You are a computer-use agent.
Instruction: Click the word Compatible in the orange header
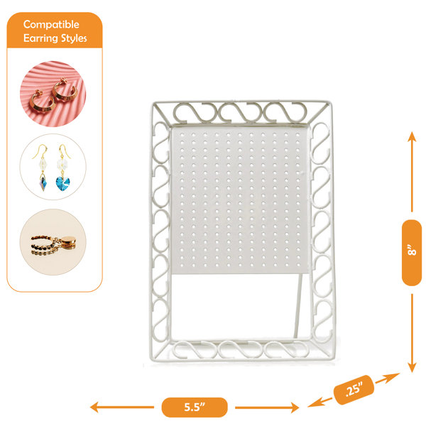click(51, 25)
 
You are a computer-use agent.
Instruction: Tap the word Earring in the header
click(40, 38)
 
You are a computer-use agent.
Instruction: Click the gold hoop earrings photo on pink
click(53, 94)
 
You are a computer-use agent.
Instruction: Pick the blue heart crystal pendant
click(62, 184)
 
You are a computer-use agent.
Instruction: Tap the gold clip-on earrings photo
click(53, 242)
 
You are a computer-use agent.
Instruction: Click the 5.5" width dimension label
click(195, 408)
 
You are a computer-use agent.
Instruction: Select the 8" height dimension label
click(412, 253)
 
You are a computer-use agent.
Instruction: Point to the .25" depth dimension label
click(354, 390)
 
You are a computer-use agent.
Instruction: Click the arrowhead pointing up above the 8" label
click(412, 136)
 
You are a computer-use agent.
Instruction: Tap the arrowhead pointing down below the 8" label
click(412, 368)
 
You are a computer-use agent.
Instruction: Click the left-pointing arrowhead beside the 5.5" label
click(94, 408)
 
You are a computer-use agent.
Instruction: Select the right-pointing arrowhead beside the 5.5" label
click(295, 408)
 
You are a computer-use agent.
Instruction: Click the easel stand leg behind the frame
click(299, 305)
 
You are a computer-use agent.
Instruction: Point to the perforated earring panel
click(241, 200)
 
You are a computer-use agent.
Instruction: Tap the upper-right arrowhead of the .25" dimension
click(393, 376)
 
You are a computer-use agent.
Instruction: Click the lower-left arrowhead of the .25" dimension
click(314, 404)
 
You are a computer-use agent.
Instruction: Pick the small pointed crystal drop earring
click(43, 184)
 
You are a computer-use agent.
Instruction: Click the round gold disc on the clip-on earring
click(67, 241)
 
